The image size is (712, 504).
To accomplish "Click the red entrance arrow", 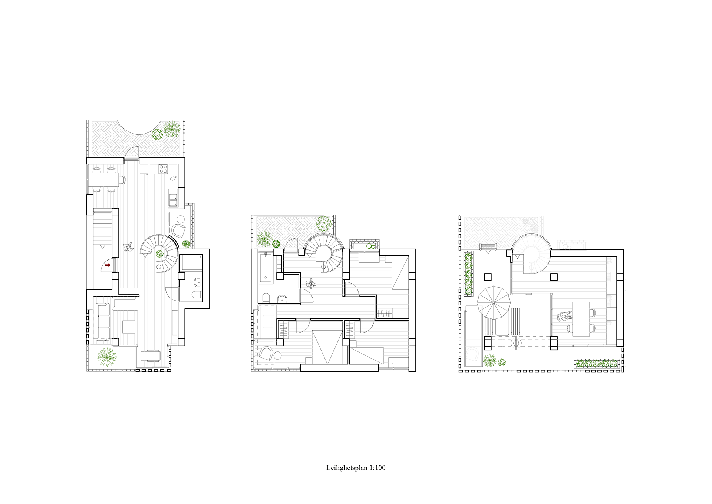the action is [108, 265].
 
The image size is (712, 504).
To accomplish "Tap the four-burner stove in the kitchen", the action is [164, 169].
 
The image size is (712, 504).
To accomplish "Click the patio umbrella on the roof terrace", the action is [494, 302].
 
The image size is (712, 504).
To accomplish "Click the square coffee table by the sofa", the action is [129, 327].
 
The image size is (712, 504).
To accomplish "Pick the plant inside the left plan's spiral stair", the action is [159, 254].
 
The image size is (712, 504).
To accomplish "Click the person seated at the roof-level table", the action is [564, 316].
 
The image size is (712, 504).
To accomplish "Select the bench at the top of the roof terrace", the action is [488, 246].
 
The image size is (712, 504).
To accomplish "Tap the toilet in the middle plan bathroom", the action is [266, 298].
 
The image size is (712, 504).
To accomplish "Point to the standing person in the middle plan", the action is [310, 284].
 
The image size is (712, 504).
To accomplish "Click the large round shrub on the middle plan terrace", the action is [324, 223].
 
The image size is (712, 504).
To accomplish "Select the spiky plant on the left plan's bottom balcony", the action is [107, 357].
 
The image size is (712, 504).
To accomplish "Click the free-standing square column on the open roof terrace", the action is [488, 277].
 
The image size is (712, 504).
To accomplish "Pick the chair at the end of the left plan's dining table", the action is [123, 180].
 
